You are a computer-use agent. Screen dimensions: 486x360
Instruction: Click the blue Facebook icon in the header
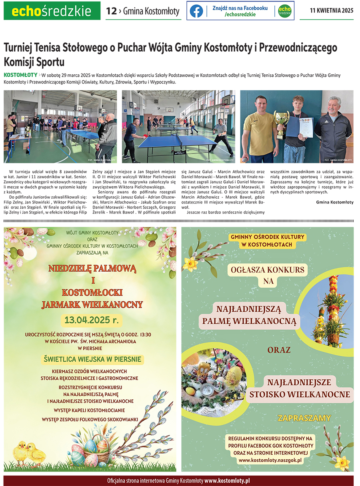click(196, 11)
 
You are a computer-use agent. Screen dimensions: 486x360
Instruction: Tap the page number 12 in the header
click(111, 11)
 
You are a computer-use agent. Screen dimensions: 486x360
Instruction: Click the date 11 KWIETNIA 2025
click(332, 11)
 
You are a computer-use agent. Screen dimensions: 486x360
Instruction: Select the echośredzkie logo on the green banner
click(52, 11)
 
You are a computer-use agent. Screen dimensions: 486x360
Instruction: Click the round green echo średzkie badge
click(284, 11)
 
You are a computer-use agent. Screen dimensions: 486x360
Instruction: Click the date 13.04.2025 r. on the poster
click(92, 320)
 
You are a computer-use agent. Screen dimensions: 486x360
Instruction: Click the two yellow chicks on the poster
click(29, 454)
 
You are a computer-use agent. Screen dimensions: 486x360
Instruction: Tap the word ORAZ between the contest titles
click(279, 350)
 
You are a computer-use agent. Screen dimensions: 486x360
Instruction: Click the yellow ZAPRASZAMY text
click(304, 418)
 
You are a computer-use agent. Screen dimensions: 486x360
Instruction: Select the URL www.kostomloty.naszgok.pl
click(270, 460)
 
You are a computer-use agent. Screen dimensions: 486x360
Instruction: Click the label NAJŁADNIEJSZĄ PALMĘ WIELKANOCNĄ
click(249, 315)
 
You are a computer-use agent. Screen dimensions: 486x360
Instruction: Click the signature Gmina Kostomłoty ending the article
click(334, 202)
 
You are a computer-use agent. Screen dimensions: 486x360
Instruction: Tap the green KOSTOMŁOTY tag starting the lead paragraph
click(20, 75)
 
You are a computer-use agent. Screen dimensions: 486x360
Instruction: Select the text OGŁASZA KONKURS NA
click(268, 275)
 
